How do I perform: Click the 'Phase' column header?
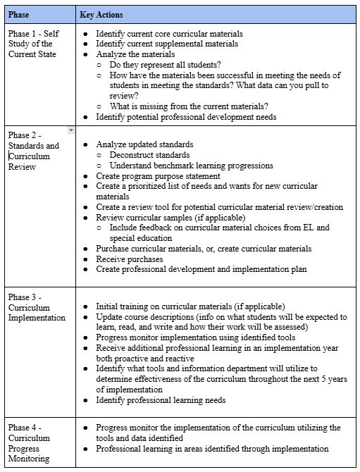[x=20, y=14]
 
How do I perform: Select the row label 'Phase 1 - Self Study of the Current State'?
[x=33, y=44]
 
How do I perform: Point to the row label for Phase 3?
[x=29, y=307]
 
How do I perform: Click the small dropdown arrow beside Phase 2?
[x=70, y=130]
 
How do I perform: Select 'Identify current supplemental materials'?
[x=167, y=44]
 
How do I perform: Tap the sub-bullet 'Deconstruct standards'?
[x=149, y=155]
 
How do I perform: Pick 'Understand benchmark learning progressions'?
[x=192, y=166]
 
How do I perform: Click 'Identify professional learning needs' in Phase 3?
[x=161, y=400]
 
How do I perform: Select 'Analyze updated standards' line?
[x=144, y=144]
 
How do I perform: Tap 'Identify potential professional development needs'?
[x=186, y=116]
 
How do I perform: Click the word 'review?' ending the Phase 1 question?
[x=124, y=95]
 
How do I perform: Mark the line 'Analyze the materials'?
[x=136, y=54]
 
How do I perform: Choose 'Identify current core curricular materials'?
[x=169, y=33]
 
